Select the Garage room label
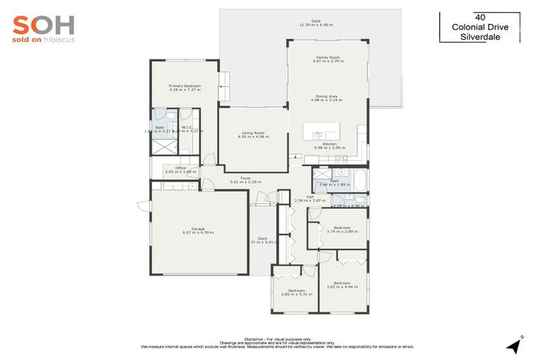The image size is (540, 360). point(198,230)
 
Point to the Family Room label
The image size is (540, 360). point(328,59)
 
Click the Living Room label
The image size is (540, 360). point(252,133)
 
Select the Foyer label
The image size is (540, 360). point(245,179)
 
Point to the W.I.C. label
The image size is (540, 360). point(186,128)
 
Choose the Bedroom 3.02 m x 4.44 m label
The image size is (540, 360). point(342,285)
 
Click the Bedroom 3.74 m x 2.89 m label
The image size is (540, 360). point(342,229)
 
